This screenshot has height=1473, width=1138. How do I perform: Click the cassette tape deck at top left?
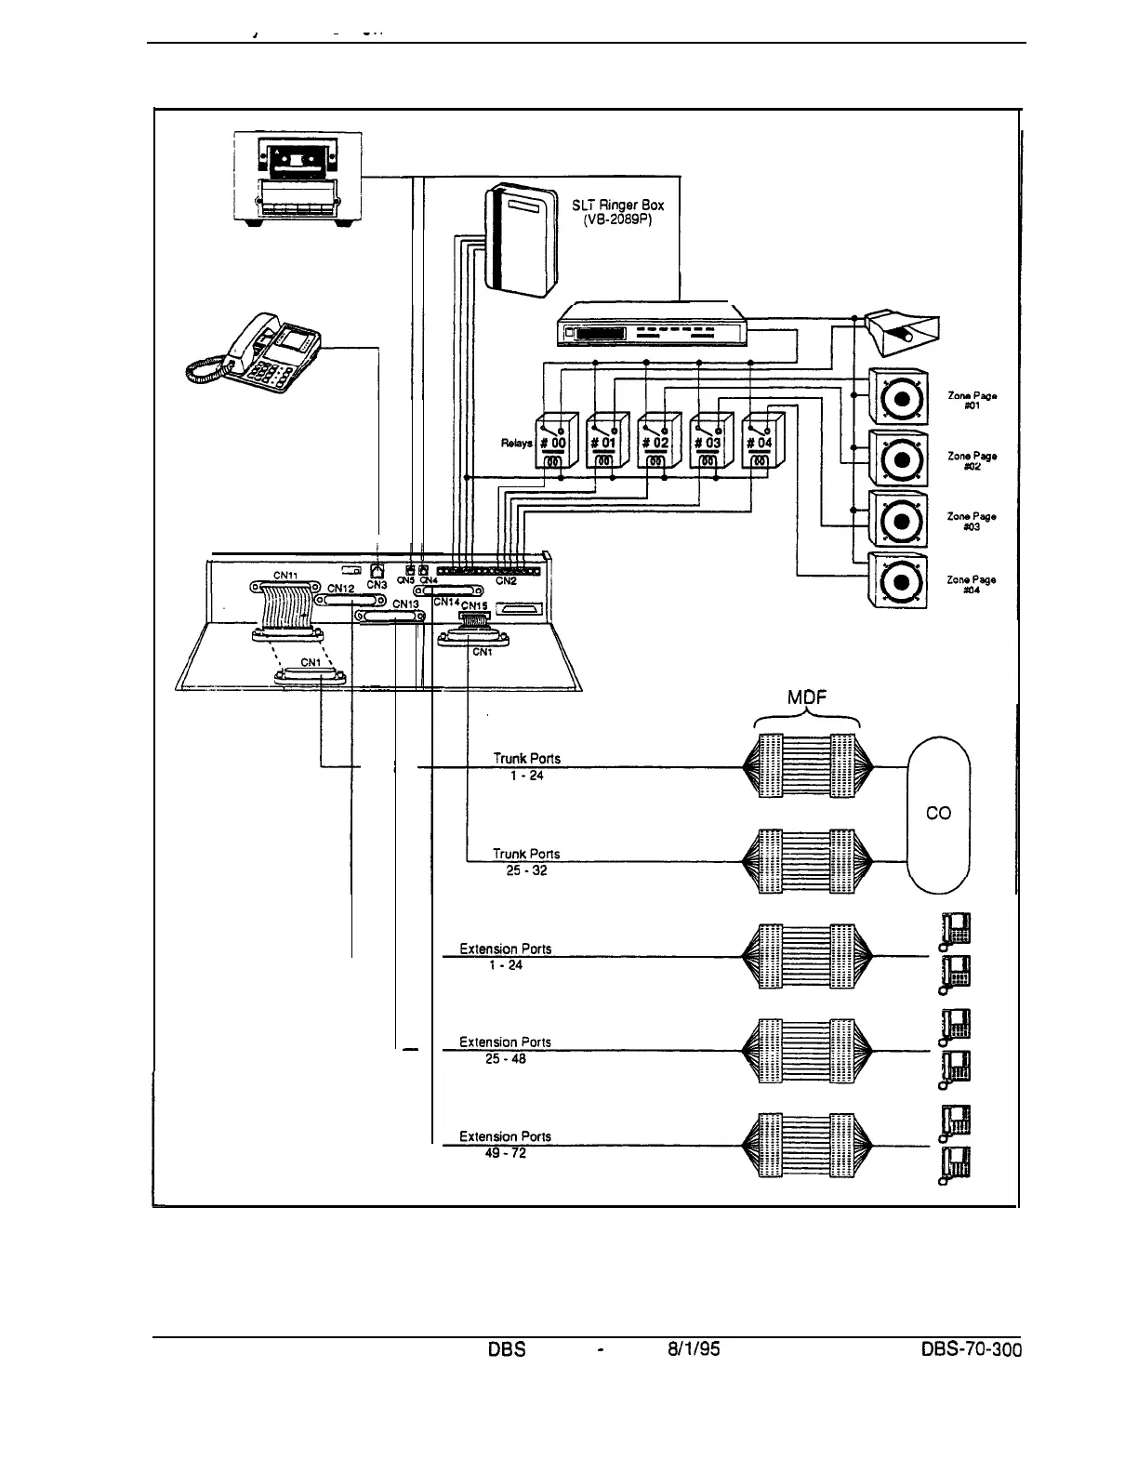coord(296,177)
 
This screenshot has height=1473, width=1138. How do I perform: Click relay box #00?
coord(555,441)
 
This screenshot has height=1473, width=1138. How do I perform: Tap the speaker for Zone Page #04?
coord(898,581)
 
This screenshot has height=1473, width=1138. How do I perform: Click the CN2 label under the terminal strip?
coord(506,581)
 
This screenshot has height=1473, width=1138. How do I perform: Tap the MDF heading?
coord(807,699)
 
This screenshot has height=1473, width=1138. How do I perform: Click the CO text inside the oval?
coord(939,813)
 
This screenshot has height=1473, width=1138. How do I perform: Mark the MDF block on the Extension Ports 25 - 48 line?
coord(808,1051)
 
